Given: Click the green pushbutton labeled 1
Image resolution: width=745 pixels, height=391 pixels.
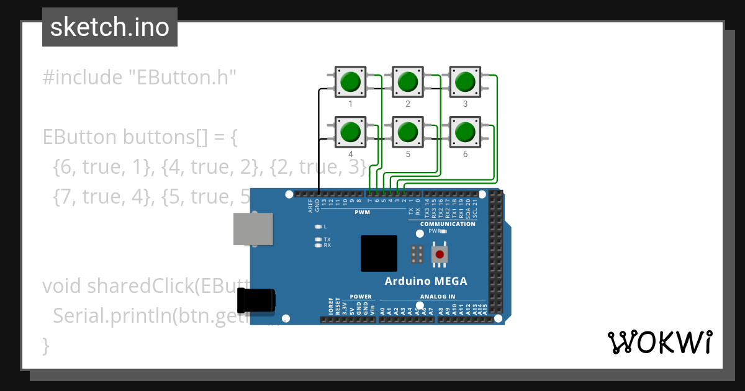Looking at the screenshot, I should click(x=351, y=81).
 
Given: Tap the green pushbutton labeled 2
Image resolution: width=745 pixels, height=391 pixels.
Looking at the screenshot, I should click(x=407, y=81).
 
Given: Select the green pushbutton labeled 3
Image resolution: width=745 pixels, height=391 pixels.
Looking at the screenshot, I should click(x=464, y=81).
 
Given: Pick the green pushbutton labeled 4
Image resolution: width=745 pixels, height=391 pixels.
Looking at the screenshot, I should click(x=351, y=132).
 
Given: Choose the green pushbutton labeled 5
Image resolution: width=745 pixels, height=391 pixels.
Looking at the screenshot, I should click(x=407, y=132).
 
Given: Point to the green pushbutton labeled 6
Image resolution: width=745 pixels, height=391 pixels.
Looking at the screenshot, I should click(x=464, y=132).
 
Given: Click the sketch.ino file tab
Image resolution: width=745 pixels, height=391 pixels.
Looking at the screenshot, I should click(x=110, y=27).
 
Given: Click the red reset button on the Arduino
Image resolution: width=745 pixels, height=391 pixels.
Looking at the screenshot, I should click(x=440, y=254).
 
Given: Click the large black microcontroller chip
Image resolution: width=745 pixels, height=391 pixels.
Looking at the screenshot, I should click(x=379, y=253).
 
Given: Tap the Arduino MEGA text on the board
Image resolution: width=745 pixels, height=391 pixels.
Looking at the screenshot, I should click(x=426, y=281).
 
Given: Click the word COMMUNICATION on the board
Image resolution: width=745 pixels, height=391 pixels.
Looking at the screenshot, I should click(x=448, y=224).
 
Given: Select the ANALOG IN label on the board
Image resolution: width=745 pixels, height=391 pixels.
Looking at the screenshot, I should click(x=438, y=297).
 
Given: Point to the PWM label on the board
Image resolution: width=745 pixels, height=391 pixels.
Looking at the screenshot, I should click(x=362, y=212).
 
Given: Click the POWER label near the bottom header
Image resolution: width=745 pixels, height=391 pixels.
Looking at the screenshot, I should click(x=361, y=297).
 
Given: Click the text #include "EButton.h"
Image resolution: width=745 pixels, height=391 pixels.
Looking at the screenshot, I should click(x=140, y=78).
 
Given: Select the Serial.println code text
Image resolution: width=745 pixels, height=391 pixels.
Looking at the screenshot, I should click(x=112, y=316).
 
